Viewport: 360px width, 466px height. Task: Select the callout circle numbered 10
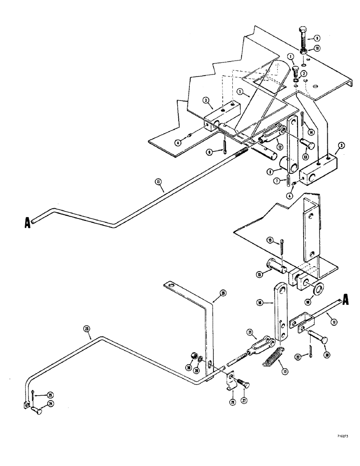(317, 48)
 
